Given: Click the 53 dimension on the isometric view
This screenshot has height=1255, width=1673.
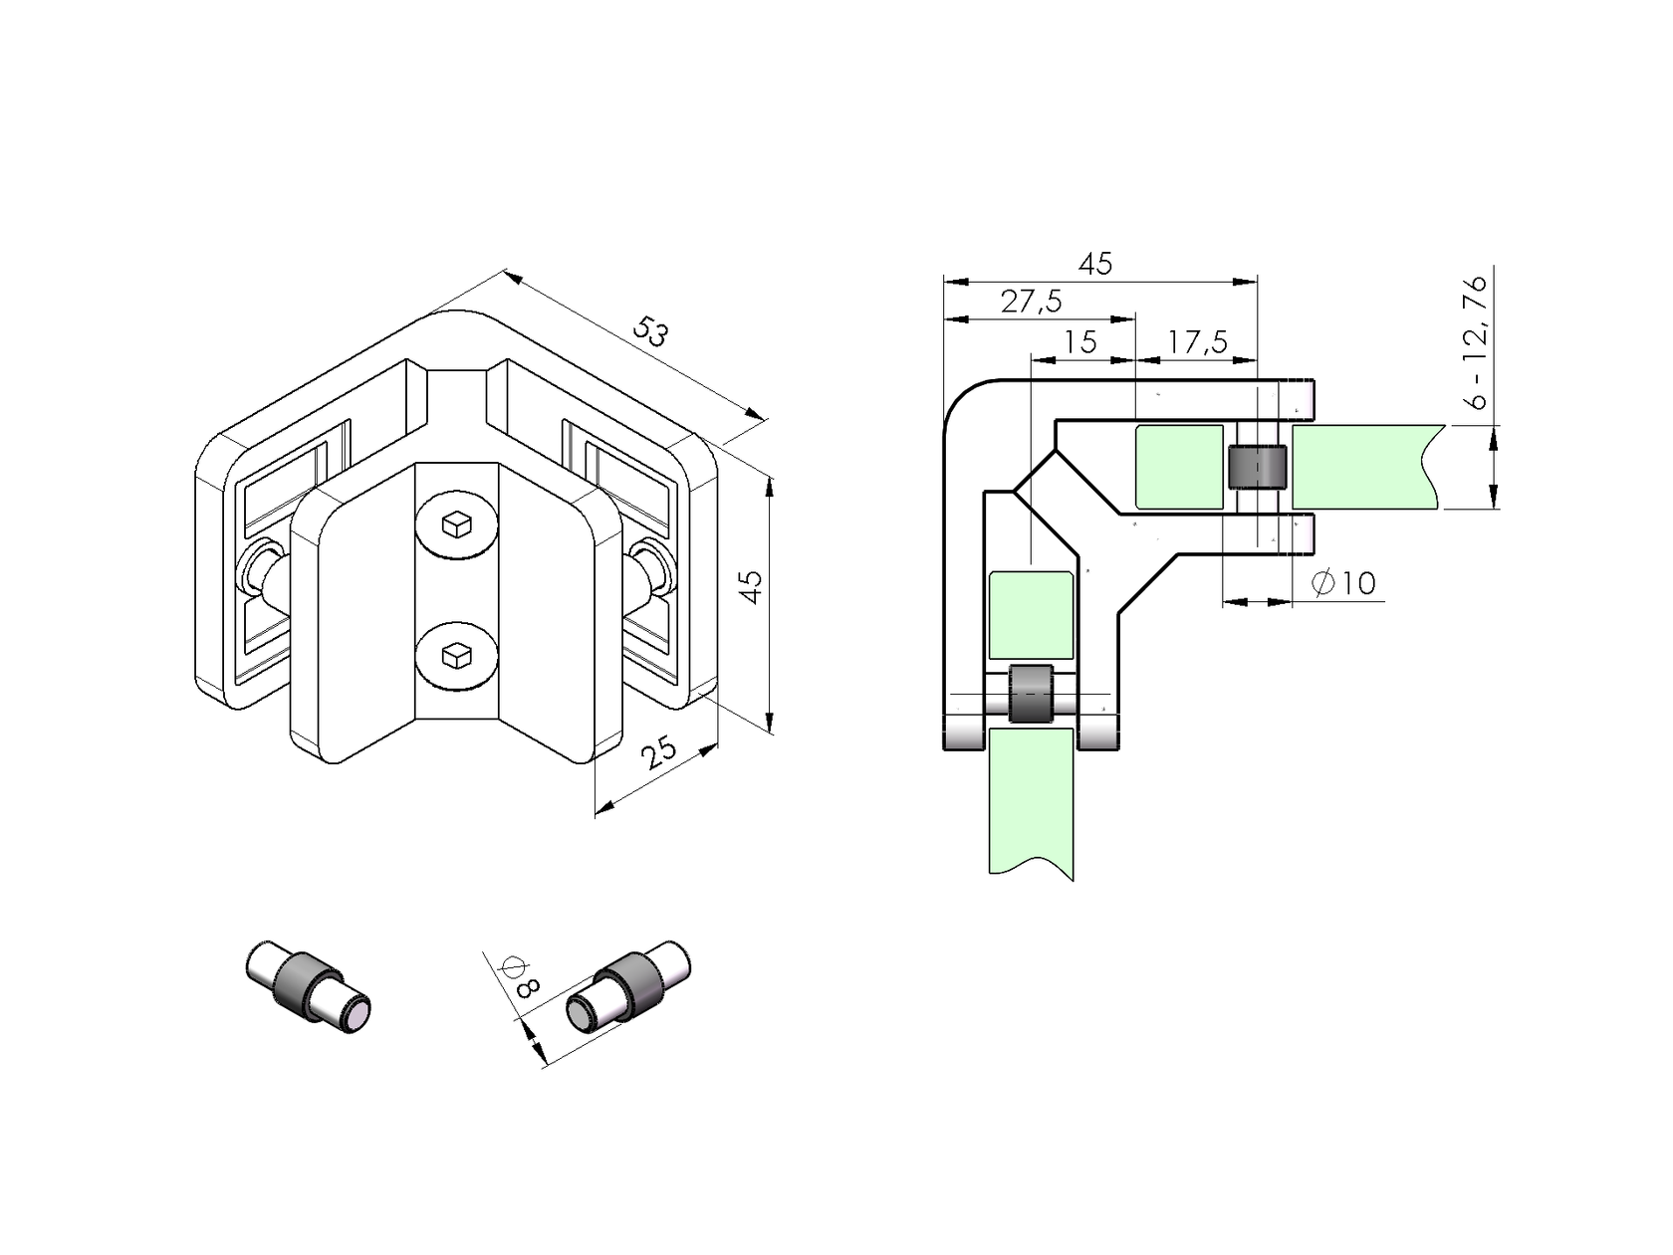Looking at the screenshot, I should click(652, 331).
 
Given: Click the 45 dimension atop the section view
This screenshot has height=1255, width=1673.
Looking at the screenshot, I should click(1095, 263).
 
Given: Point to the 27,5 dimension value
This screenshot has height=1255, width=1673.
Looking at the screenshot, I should click(1031, 302).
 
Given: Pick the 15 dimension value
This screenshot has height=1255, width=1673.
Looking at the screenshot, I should click(1079, 341).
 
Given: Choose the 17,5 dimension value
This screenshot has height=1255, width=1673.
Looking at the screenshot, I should click(1197, 341).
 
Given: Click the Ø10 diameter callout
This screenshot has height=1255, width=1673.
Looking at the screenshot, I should click(1344, 583).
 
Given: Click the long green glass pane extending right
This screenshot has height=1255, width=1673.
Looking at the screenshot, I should click(1364, 466).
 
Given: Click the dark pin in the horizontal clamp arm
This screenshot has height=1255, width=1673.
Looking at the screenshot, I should click(1257, 467).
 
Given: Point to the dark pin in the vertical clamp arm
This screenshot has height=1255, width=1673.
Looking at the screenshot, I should click(1031, 694).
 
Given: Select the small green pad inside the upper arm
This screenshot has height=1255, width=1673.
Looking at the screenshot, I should click(1179, 467).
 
